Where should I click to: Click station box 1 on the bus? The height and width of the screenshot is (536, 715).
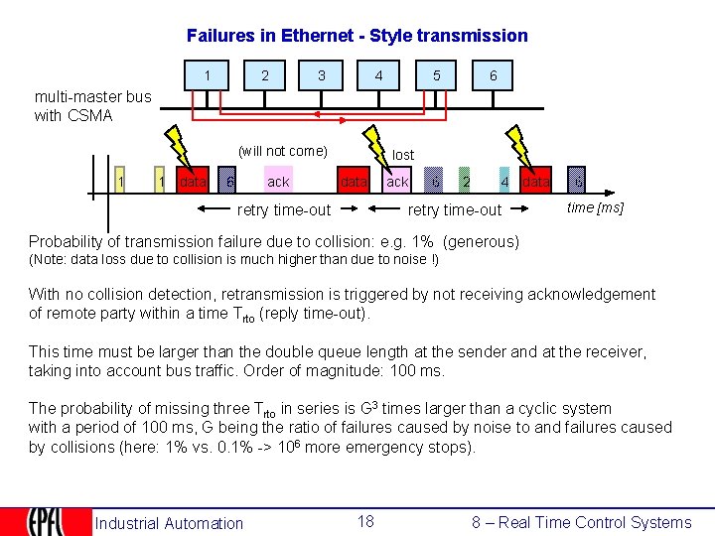tap(208, 76)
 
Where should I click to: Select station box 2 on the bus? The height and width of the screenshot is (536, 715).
tap(264, 76)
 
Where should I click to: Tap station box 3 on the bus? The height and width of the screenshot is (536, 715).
tap(321, 76)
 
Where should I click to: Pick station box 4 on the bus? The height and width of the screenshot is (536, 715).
tap(378, 76)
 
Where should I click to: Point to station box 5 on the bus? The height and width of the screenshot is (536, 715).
tap(436, 76)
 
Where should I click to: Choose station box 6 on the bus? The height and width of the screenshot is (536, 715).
tap(493, 76)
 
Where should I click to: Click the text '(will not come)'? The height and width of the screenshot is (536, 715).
tap(283, 151)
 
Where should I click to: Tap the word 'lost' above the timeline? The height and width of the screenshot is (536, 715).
tap(403, 155)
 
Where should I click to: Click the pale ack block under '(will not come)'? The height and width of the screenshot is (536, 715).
tap(279, 182)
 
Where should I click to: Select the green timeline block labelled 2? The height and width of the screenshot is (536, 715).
tap(466, 182)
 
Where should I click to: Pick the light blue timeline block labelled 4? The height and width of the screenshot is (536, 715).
tap(505, 182)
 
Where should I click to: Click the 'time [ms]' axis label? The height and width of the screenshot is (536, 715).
tap(595, 207)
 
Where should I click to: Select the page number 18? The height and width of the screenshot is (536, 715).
tap(365, 521)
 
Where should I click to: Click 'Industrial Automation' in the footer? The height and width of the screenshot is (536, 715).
tap(169, 523)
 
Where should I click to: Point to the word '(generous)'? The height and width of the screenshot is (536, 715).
tap(482, 241)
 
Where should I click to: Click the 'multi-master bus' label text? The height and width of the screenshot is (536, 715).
tap(93, 97)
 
